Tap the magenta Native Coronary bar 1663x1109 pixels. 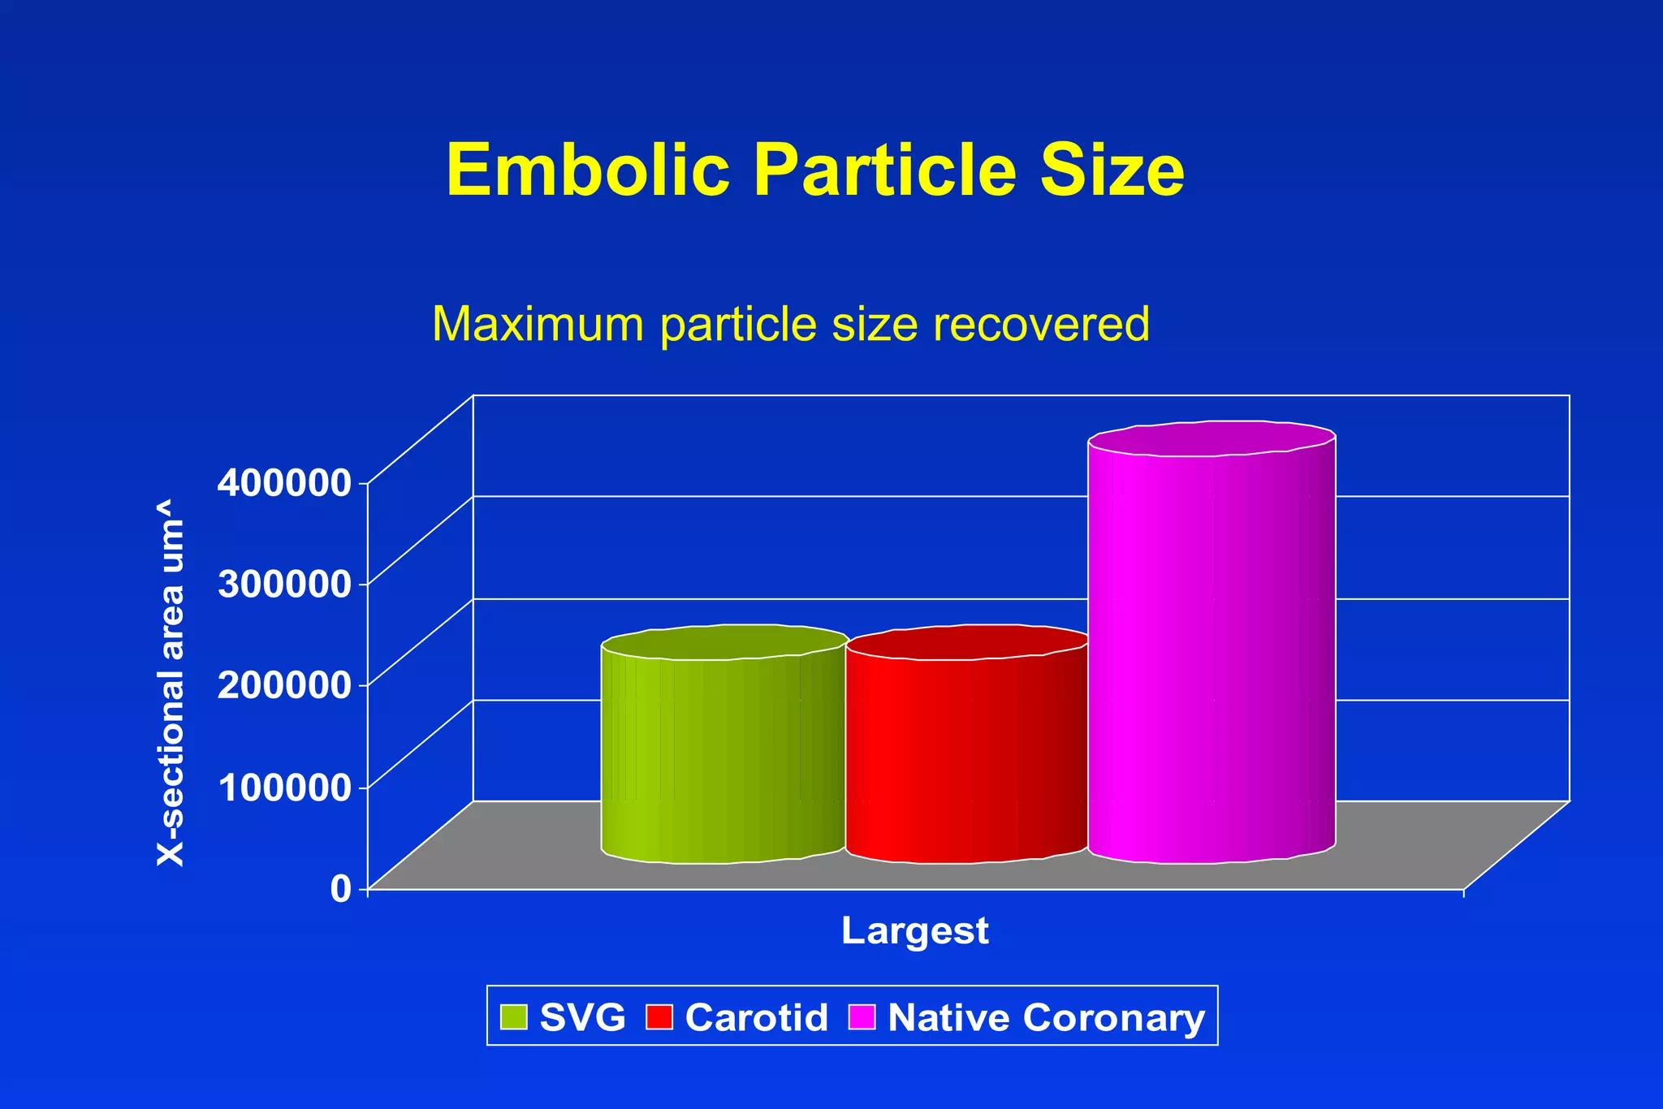coord(1212,649)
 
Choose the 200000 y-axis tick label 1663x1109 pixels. coord(284,684)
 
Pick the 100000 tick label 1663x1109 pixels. coord(284,786)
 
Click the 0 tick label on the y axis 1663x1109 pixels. coord(341,887)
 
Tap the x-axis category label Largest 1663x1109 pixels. coord(914,930)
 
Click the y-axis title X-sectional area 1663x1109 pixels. coord(171,684)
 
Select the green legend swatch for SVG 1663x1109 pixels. coord(514,1016)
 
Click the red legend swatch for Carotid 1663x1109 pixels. coord(659,1016)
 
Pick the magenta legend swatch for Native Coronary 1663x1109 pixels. coord(862,1016)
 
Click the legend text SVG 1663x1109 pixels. coord(582,1017)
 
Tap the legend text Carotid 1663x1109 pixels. coord(756,1017)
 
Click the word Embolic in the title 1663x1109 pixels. coord(588,170)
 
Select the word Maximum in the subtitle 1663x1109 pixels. coord(539,324)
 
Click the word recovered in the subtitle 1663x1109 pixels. coord(1041,324)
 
